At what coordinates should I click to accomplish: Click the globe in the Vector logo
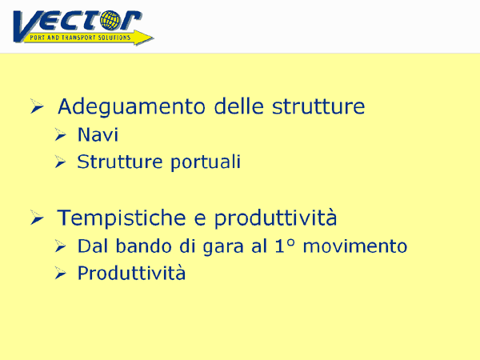[x=110, y=21]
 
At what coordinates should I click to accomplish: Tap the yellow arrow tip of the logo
[x=153, y=38]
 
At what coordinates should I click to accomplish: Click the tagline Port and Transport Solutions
[x=80, y=38]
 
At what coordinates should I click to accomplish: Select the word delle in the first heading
[x=238, y=106]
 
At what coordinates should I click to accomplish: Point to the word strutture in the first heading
[x=318, y=106]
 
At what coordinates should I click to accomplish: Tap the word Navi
[x=98, y=134]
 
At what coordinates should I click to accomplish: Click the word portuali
[x=206, y=162]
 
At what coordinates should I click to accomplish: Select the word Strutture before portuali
[x=120, y=162]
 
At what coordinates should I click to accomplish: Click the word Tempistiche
[x=122, y=218]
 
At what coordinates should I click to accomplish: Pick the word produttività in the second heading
[x=275, y=218]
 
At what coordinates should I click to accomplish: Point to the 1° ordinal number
[x=285, y=246]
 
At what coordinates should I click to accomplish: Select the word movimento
[x=354, y=246]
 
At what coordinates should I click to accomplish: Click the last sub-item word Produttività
[x=131, y=274]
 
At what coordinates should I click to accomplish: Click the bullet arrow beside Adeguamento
[x=37, y=106]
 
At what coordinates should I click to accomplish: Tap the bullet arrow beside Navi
[x=60, y=134]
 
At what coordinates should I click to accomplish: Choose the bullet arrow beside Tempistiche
[x=37, y=218]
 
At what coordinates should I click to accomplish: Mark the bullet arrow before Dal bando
[x=60, y=246]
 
